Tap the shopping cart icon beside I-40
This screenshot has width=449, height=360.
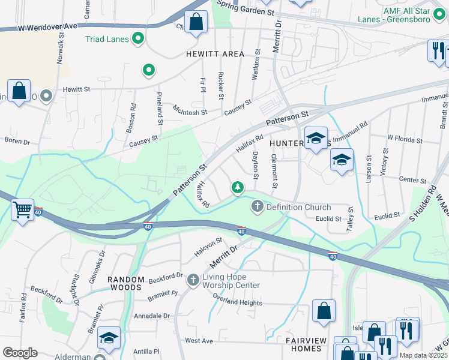(23, 210)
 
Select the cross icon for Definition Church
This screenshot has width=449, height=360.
(258, 207)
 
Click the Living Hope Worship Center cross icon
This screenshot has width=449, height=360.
(193, 280)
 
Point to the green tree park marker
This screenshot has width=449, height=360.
(238, 188)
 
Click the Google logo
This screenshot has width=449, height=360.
(20, 353)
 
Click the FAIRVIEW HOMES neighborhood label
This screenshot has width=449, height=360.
(306, 345)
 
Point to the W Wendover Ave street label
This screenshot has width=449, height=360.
(48, 27)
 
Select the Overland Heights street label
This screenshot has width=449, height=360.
(238, 302)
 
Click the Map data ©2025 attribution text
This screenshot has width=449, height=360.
(423, 355)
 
